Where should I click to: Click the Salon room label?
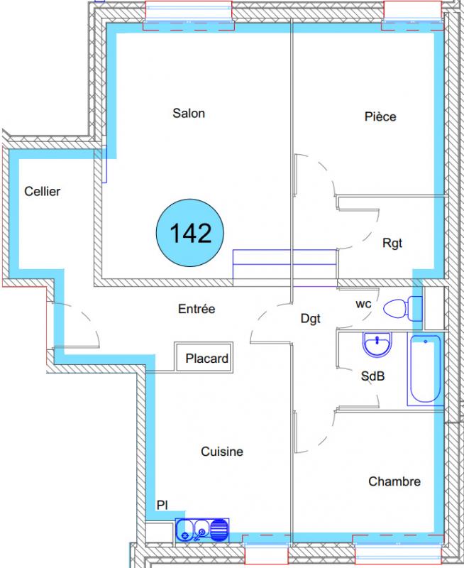[x=189, y=114]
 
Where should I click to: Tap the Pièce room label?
[x=380, y=116]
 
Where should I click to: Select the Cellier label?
[x=43, y=191]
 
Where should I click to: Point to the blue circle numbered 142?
[x=190, y=233]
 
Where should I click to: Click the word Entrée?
[x=197, y=309]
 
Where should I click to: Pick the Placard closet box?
[x=204, y=357]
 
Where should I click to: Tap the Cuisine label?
[x=222, y=452]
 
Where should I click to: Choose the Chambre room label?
[x=394, y=481]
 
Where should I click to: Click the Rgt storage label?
[x=392, y=244]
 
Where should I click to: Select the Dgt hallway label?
[x=311, y=319]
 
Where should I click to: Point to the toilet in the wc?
[x=402, y=309]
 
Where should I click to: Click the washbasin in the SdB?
[x=377, y=344]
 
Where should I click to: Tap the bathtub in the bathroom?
[x=425, y=369]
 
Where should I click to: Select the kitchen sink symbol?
[x=202, y=530]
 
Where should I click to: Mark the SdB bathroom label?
[x=372, y=376]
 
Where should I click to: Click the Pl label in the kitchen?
[x=162, y=505]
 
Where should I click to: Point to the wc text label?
[x=363, y=304]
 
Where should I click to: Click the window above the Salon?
[x=189, y=16]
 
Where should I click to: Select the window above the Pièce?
[x=412, y=16]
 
